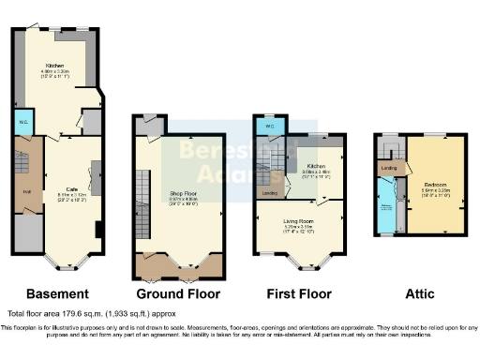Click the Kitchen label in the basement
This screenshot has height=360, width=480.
pyautogui.click(x=54, y=65)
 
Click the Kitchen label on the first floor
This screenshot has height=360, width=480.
pyautogui.click(x=314, y=166)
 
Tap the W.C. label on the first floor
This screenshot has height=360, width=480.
pyautogui.click(x=269, y=126)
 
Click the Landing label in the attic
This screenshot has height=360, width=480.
pyautogui.click(x=387, y=169)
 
